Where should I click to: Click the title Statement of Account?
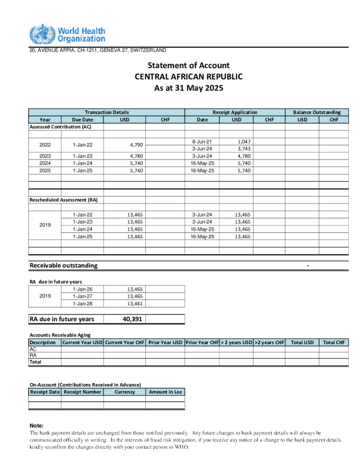pyautogui.click(x=188, y=65)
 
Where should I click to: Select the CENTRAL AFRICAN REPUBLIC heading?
pyautogui.click(x=188, y=76)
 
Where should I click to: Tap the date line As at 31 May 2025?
pyautogui.click(x=188, y=88)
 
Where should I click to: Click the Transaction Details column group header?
pyautogui.click(x=106, y=112)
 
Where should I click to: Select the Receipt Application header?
pyautogui.click(x=235, y=112)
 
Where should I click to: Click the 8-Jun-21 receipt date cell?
pyautogui.click(x=202, y=142)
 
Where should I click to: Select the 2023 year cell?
pyautogui.click(x=45, y=156)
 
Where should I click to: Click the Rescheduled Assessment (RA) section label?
pyautogui.click(x=64, y=200)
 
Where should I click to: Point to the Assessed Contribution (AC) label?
pyautogui.click(x=61, y=127)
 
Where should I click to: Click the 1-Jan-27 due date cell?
pyautogui.click(x=82, y=297)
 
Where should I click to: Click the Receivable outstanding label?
pyautogui.click(x=64, y=265)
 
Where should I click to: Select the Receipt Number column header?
pyautogui.click(x=82, y=392)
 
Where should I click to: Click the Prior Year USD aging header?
pyautogui.click(x=165, y=342)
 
